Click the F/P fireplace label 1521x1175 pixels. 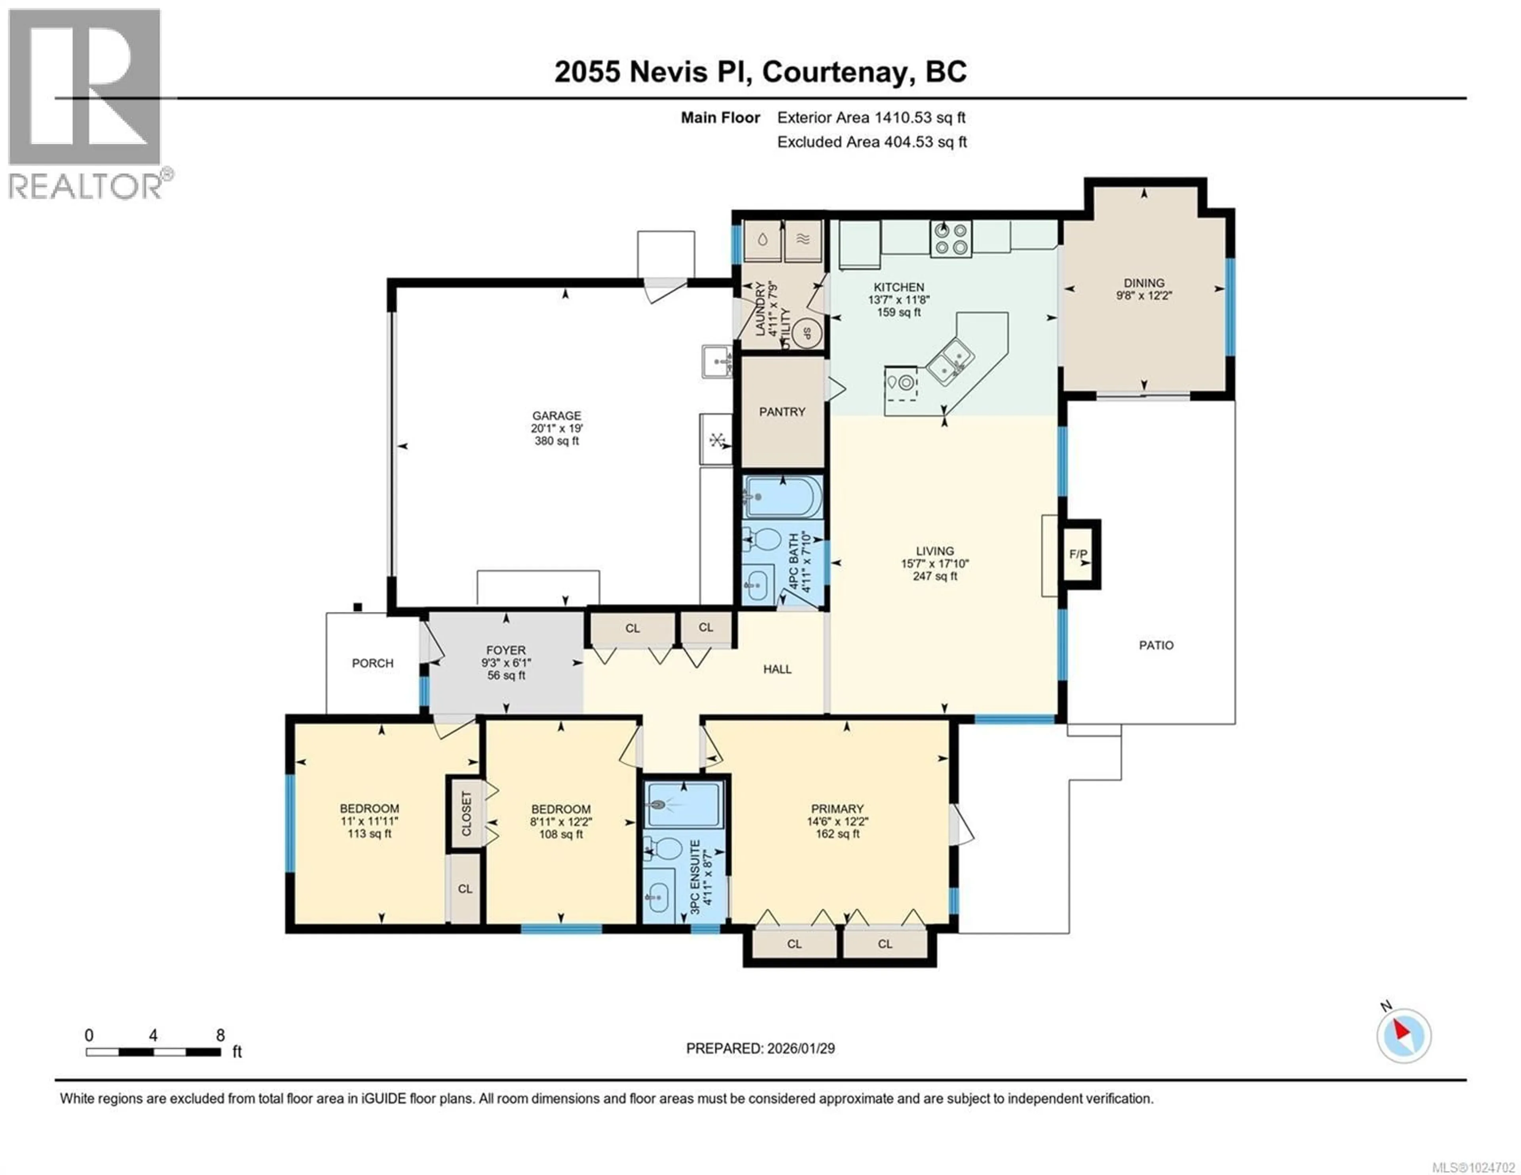point(1078,554)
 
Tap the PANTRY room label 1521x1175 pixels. point(782,411)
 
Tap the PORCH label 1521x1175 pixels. point(373,663)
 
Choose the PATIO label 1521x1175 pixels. point(1156,645)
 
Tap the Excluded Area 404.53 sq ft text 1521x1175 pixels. point(872,142)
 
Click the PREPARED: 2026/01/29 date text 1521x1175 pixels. point(760,1048)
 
